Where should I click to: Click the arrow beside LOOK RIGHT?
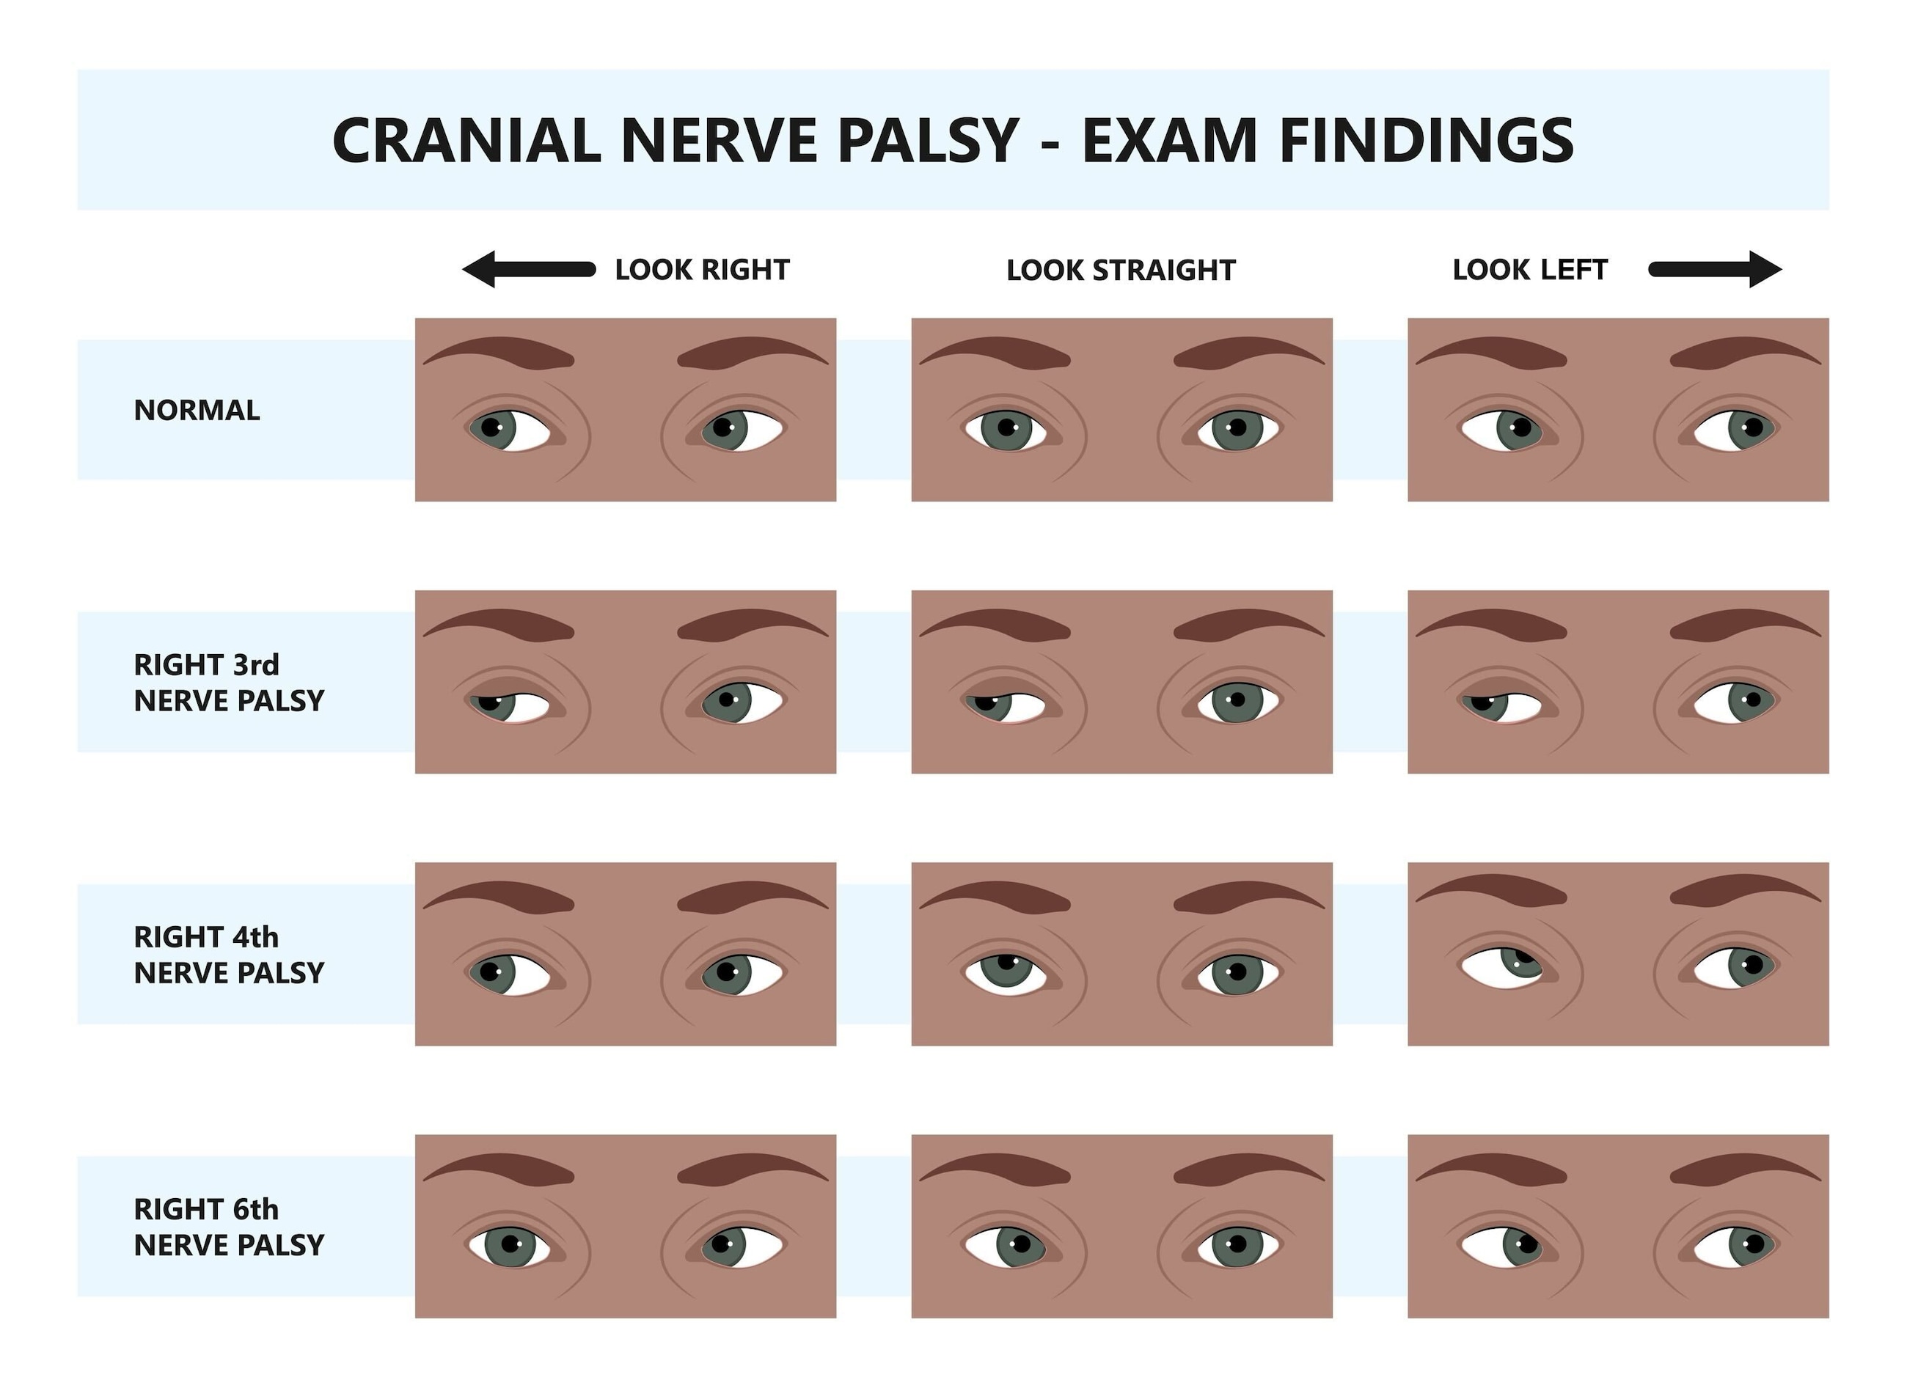(528, 269)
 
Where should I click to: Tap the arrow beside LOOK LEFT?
(1716, 269)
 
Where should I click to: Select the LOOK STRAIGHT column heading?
(1121, 270)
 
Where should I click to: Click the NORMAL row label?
(197, 411)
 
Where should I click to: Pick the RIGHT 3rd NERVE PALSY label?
(228, 682)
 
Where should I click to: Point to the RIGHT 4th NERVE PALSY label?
(228, 954)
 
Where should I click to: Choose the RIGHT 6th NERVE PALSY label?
(228, 1227)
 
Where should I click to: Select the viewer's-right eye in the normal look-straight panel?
(1237, 429)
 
